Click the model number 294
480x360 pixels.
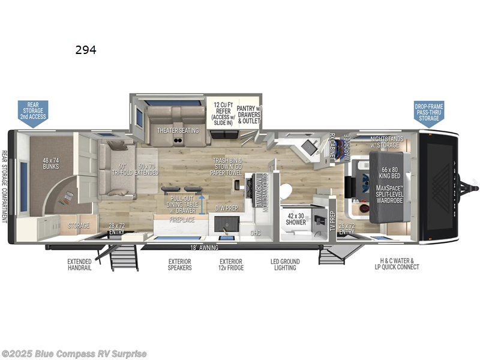[x=85, y=50]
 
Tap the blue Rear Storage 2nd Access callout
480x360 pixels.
[x=33, y=112]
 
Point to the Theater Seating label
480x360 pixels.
[x=173, y=130]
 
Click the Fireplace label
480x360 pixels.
[x=182, y=220]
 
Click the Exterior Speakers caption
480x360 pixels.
[x=180, y=264]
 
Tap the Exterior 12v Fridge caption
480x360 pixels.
[x=230, y=264]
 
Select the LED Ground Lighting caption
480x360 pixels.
[x=285, y=264]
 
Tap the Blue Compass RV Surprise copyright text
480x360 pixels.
[x=74, y=353]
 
